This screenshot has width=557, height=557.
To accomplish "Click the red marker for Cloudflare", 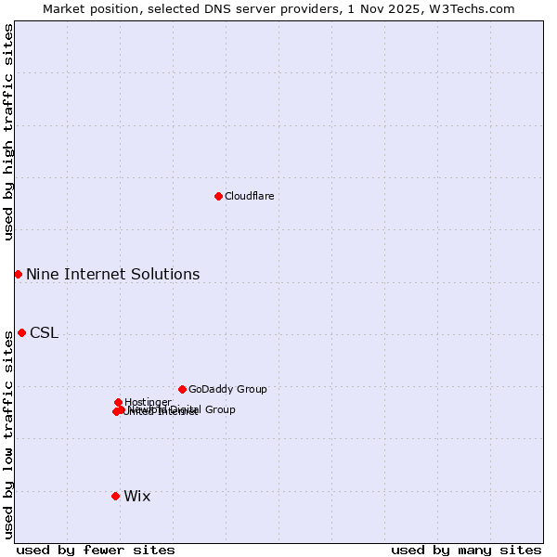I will pyautogui.click(x=218, y=196).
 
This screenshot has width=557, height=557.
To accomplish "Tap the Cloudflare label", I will pyautogui.click(x=249, y=196).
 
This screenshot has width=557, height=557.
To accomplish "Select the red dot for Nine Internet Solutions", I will pyautogui.click(x=18, y=274).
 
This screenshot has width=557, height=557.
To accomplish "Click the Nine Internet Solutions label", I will pyautogui.click(x=112, y=274).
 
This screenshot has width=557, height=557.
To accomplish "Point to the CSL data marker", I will pyautogui.click(x=21, y=332).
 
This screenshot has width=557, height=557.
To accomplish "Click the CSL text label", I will pyautogui.click(x=44, y=333).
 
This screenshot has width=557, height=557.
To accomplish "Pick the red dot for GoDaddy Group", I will pyautogui.click(x=182, y=389).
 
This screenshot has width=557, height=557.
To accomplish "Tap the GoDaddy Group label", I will pyautogui.click(x=227, y=389).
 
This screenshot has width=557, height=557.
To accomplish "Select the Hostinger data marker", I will pyautogui.click(x=118, y=402).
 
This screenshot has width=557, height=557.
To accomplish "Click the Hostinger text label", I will pyautogui.click(x=148, y=402).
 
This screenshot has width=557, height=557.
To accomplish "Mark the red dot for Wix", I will pyautogui.click(x=115, y=496).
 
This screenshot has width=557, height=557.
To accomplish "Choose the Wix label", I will pyautogui.click(x=136, y=497).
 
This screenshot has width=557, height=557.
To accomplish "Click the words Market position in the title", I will pyautogui.click(x=87, y=8).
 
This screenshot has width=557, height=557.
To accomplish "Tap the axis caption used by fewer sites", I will pyautogui.click(x=96, y=550).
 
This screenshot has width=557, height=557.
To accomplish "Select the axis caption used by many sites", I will pyautogui.click(x=466, y=550).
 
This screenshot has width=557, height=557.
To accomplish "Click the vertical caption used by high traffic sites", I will pyautogui.click(x=8, y=132).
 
